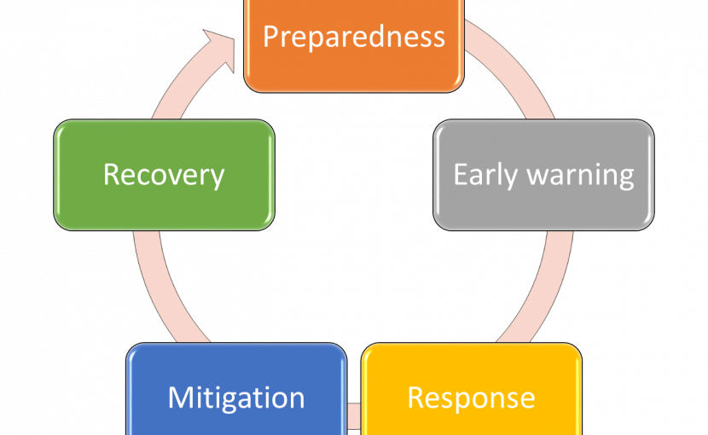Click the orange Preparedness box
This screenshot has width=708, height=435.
click(354, 45)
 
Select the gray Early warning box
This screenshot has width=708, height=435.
click(543, 175)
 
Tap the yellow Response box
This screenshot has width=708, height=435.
click(472, 389)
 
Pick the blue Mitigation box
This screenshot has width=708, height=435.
click(236, 389)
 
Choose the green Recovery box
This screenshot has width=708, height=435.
click(165, 175)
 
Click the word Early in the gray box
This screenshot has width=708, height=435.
click(485, 175)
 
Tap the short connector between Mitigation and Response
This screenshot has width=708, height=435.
click(354, 416)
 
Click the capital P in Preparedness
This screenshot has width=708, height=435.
click(271, 37)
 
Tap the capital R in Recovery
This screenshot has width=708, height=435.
click(111, 174)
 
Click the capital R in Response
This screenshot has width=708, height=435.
click(415, 397)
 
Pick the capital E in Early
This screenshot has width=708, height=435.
click(461, 174)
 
